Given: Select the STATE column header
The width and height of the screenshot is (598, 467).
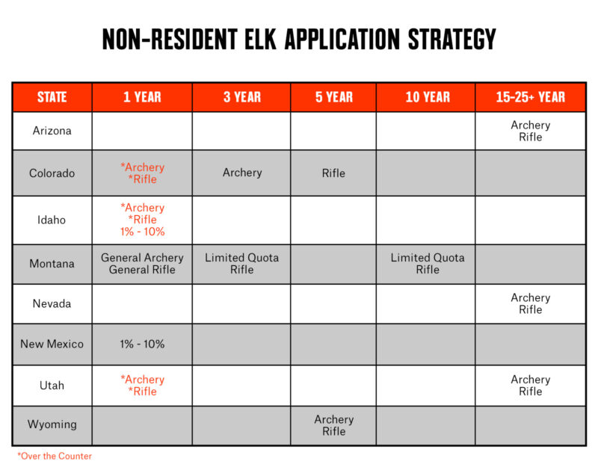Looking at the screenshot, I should pos(52,97).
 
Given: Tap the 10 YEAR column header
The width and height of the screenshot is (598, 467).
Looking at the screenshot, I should pos(428,97).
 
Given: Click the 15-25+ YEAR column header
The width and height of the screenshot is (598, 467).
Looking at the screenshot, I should pos(530,97).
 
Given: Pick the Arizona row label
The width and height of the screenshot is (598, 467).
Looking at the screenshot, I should pos(52,131).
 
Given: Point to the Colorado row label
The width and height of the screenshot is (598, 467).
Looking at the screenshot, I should pos(52,173).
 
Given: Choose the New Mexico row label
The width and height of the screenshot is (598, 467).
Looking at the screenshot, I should pos(52,344).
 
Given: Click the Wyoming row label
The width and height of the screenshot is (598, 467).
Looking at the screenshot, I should pos(52,424).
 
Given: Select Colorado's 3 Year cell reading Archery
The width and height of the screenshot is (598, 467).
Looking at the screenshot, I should pos(242,173).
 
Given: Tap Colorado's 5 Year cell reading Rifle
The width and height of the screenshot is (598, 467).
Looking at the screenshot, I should pos(333,173).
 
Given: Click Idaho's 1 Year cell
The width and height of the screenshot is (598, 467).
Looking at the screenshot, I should pos(142,220).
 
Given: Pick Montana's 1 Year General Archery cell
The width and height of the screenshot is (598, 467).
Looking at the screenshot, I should pos(142,263).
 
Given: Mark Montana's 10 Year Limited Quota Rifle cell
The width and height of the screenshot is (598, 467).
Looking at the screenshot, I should pos(428,263).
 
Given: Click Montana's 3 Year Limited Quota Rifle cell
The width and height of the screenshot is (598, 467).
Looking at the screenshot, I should pos(242,263).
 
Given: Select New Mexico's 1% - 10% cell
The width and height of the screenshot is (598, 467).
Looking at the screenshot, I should pos(142,344).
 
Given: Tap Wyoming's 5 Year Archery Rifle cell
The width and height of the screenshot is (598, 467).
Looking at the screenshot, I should pos(333,425).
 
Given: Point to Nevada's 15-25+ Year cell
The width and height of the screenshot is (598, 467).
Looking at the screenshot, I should pos(530,303).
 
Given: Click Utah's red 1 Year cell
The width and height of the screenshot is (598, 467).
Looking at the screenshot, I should pos(142,386).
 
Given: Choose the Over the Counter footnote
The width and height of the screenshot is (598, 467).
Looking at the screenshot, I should pos(55,456).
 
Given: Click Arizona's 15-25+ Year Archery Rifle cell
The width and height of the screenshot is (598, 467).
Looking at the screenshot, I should pos(530,132).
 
